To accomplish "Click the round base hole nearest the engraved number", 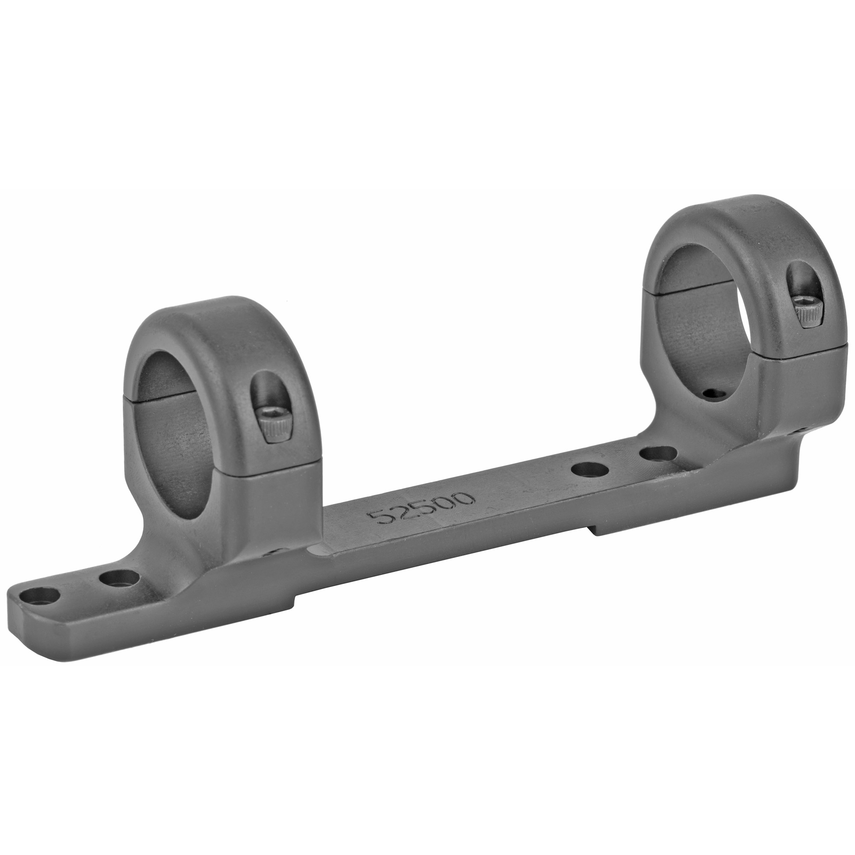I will [x=589, y=467].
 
